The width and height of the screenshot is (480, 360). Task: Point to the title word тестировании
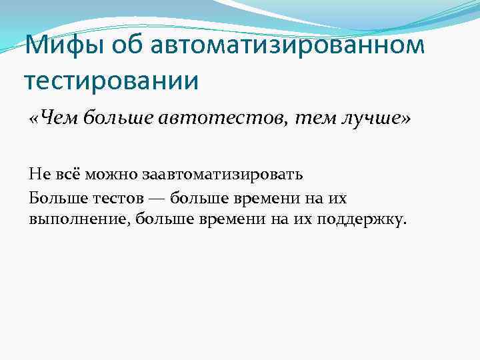tap(111, 80)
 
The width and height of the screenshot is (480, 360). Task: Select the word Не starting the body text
tap(38, 175)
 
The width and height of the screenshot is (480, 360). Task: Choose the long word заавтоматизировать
tap(222, 175)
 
